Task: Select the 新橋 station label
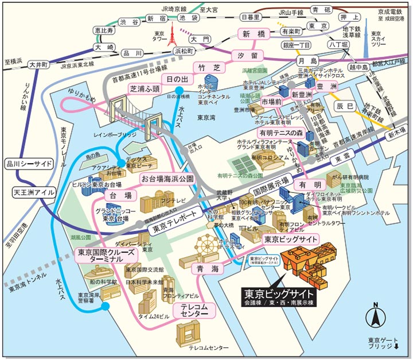(x=253, y=34)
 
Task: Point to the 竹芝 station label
(x=205, y=68)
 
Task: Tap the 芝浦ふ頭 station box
(x=145, y=89)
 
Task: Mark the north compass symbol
(x=376, y=314)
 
